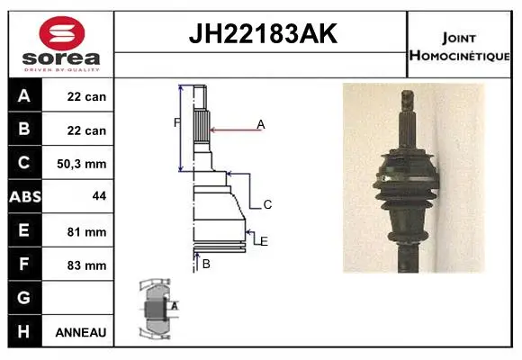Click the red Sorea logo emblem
pyautogui.click(x=62, y=33)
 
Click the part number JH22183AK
pyautogui.click(x=263, y=33)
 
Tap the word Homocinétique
pyautogui.click(x=459, y=56)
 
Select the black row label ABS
pyautogui.click(x=25, y=197)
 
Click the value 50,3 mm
pyautogui.click(x=82, y=164)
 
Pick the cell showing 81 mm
pyautogui.click(x=86, y=232)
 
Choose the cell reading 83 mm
pyautogui.click(x=86, y=265)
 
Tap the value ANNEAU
pyautogui.click(x=81, y=332)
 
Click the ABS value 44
pyautogui.click(x=99, y=196)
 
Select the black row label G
pyautogui.click(x=24, y=298)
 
